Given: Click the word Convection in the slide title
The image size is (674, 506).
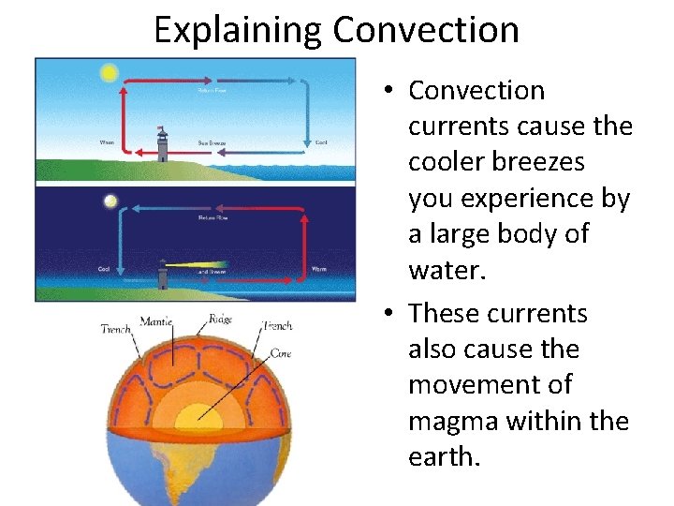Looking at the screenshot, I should (426, 30).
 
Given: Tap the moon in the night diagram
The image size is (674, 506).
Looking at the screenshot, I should (111, 201).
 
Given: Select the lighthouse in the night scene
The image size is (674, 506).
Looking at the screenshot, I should (163, 273).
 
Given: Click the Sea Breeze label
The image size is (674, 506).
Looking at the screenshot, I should (210, 143).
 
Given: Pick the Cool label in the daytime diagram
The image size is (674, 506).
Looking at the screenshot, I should (320, 142).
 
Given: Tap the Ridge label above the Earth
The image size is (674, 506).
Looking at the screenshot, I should (221, 320).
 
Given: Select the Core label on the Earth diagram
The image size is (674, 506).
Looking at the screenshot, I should (280, 354).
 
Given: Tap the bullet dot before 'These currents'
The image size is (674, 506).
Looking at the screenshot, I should (391, 313).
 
